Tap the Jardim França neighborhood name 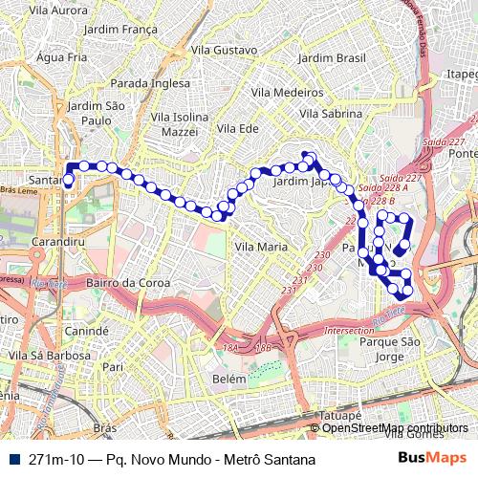click(120, 30)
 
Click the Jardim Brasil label click(332, 57)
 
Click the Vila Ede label click(239, 128)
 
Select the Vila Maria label click(261, 246)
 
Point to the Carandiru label click(59, 243)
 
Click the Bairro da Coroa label click(128, 283)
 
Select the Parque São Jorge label click(390, 349)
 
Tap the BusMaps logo click(425, 459)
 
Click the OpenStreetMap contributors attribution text click(395, 428)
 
